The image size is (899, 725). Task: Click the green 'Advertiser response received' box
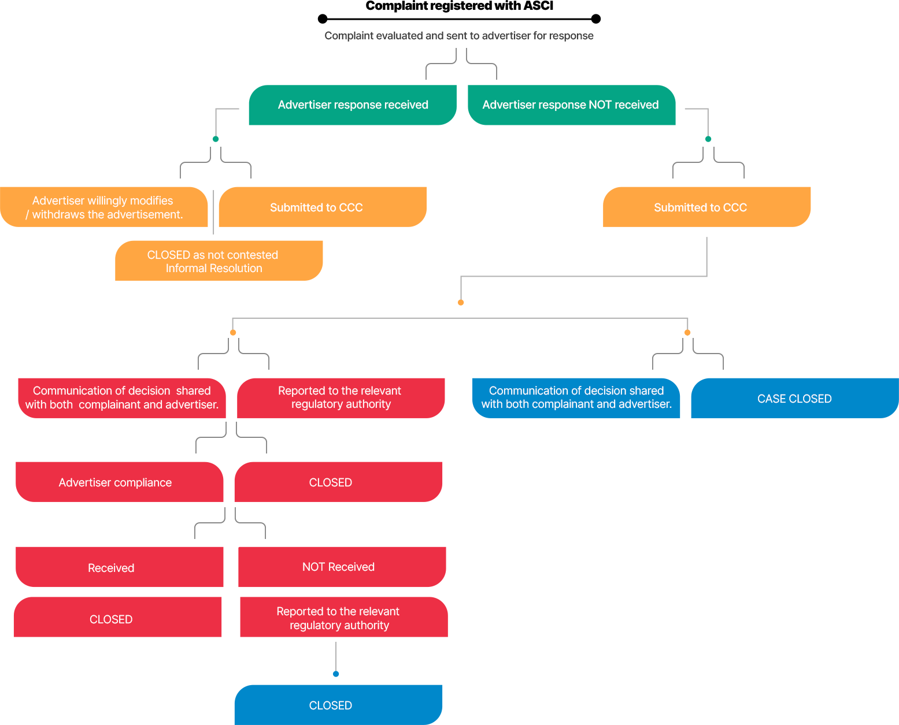[353, 105]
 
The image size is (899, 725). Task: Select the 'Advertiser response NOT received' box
[571, 105]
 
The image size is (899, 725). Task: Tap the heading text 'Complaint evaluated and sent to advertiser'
[458, 36]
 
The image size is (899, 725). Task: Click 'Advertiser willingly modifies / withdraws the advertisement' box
[104, 207]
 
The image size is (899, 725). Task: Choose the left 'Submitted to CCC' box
[323, 207]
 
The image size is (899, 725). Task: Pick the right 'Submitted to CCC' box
[706, 207]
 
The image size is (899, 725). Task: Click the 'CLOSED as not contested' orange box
[219, 261]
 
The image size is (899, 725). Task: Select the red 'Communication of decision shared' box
[121, 398]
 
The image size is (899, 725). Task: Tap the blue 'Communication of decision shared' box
[576, 398]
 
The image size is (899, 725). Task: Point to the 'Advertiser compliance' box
[119, 482]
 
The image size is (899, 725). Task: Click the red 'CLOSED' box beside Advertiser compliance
[338, 482]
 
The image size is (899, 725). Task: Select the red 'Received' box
[119, 567]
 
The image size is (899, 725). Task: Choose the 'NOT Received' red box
[342, 567]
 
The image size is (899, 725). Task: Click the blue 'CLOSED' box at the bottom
[338, 705]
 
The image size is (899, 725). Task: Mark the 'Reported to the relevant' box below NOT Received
[343, 618]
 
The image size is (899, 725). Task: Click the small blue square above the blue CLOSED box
[336, 674]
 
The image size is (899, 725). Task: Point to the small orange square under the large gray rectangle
[461, 303]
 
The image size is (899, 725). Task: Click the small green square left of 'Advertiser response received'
[216, 139]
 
